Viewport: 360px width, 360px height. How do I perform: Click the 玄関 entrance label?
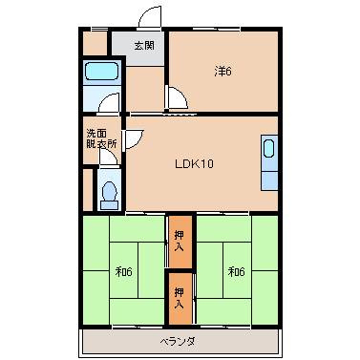pos(144,46)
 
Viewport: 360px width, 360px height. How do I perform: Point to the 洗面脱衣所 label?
pos(101,138)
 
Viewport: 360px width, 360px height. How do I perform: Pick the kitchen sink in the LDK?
pos(268,150)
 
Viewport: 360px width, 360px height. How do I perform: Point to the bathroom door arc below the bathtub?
pos(109,105)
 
